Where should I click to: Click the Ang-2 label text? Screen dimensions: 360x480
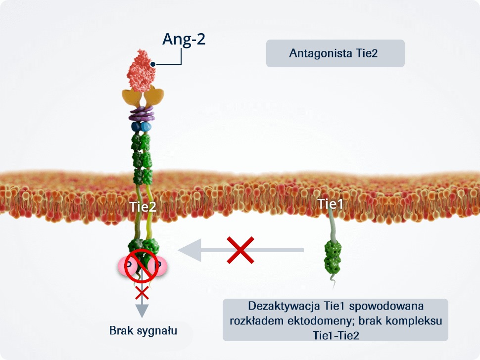pyautogui.click(x=184, y=39)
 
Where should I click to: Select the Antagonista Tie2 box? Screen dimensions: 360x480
pyautogui.click(x=335, y=53)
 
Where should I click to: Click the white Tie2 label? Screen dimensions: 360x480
pyautogui.click(x=143, y=208)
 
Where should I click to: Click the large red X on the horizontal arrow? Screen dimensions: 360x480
pyautogui.click(x=240, y=250)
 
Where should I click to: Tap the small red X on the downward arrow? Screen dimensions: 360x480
pyautogui.click(x=142, y=293)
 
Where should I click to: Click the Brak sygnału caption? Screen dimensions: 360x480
pyautogui.click(x=143, y=330)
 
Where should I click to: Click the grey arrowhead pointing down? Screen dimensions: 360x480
pyautogui.click(x=142, y=311)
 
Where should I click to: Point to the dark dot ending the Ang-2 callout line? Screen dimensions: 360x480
pyautogui.click(x=153, y=64)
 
